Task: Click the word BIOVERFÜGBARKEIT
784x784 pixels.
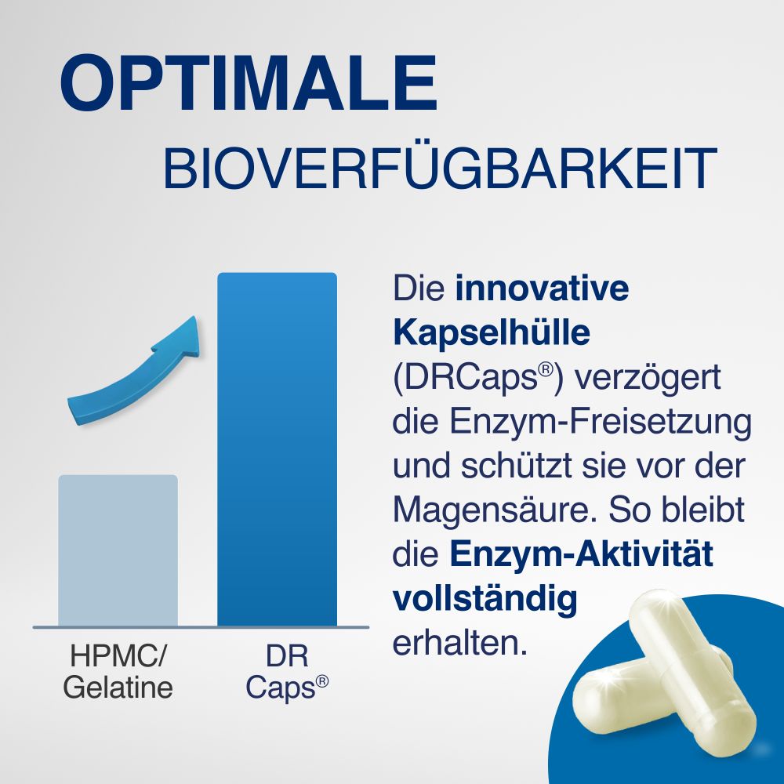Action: [439, 167]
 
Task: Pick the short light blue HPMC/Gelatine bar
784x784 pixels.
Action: [118, 550]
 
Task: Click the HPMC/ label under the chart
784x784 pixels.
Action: [118, 655]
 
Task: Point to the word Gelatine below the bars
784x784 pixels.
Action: [118, 688]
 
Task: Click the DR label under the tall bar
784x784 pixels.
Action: [277, 655]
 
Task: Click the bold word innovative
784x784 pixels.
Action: [543, 289]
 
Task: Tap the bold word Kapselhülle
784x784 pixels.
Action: [491, 333]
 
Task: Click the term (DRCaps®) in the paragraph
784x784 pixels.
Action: [477, 379]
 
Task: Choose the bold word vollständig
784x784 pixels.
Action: [485, 600]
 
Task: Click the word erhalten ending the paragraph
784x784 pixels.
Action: [457, 644]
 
